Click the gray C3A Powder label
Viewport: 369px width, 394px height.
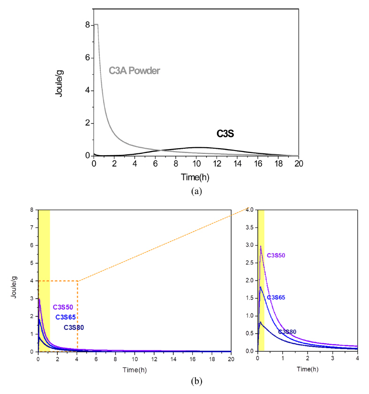(x=135, y=71)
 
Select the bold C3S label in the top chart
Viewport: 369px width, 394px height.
(x=225, y=134)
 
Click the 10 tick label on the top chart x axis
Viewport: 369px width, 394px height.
(x=196, y=164)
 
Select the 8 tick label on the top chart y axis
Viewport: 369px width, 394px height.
(x=87, y=25)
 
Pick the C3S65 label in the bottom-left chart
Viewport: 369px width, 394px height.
(x=66, y=317)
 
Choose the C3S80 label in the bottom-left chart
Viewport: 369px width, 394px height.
(x=74, y=327)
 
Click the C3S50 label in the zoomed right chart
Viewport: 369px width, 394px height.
(x=276, y=256)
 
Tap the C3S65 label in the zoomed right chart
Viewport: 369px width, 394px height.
(x=276, y=297)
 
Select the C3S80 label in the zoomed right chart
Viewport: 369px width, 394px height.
(x=287, y=332)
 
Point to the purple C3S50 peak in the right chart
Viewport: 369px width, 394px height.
(x=260, y=246)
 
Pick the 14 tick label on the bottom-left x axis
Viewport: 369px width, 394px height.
(x=173, y=358)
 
